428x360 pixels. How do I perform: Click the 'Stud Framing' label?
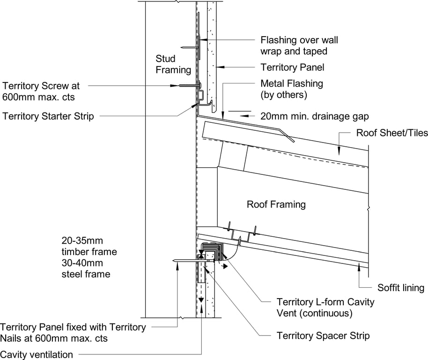click(173, 64)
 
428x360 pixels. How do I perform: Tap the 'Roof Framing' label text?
click(276, 204)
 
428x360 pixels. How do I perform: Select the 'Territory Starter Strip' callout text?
click(48, 116)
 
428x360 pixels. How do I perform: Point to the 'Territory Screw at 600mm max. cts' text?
click(41, 90)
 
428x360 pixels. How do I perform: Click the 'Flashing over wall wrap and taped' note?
click(299, 45)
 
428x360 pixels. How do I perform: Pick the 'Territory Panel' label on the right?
click(292, 68)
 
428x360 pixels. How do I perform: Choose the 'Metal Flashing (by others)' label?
click(291, 89)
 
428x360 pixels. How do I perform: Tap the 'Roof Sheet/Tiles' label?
click(392, 133)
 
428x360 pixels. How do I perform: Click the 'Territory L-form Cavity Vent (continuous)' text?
click(325, 307)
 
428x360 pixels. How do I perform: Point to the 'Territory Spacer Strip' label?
click(323, 336)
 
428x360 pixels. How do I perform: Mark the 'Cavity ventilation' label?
click(37, 354)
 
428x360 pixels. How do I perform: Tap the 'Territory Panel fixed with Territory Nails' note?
click(73, 332)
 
